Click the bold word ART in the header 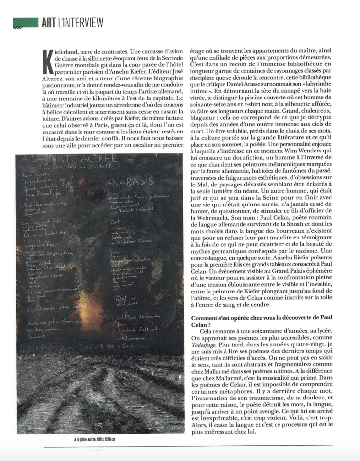click(x=48, y=22)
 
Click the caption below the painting click(x=95, y=439)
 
